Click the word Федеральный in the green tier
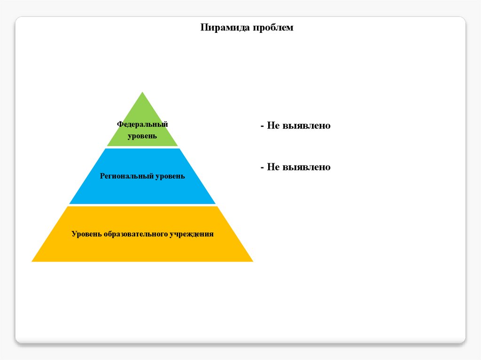[x=142, y=124]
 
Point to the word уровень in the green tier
[x=142, y=136]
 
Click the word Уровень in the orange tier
[x=86, y=234]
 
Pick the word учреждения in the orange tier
[x=192, y=234]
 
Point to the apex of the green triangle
[x=142, y=92]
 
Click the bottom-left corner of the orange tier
[x=32, y=261]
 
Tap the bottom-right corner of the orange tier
[x=252, y=261]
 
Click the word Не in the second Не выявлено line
[x=273, y=167]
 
